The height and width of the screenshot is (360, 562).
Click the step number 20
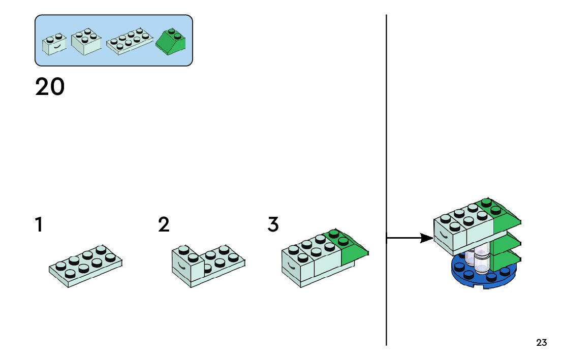click(50, 87)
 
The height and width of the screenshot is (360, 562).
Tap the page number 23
click(541, 343)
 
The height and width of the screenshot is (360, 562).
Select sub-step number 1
click(39, 224)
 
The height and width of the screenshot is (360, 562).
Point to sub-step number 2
click(163, 224)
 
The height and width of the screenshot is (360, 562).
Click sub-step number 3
click(273, 224)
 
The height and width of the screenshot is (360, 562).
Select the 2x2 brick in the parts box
click(86, 43)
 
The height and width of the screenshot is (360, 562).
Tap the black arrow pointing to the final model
click(410, 238)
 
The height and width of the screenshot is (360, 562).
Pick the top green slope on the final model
click(503, 216)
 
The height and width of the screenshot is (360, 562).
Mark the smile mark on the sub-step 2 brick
click(181, 266)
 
